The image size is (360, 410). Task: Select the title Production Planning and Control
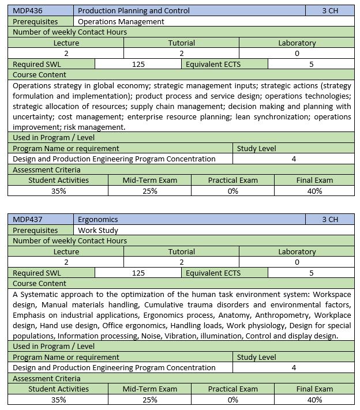click(x=133, y=10)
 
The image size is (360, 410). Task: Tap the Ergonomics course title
click(x=97, y=219)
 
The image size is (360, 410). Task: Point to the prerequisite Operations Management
click(x=121, y=21)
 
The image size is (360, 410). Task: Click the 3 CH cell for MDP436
click(x=330, y=10)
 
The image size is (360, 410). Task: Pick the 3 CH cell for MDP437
click(x=330, y=219)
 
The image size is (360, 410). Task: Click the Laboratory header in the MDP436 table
click(x=297, y=43)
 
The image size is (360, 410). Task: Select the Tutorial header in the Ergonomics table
click(x=181, y=251)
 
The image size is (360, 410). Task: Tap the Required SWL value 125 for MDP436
click(x=138, y=64)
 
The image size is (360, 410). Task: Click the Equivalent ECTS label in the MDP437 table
click(x=213, y=273)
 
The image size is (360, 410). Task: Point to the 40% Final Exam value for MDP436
click(x=314, y=191)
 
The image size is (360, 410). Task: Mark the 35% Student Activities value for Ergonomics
click(x=58, y=400)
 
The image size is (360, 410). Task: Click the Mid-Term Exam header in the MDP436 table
click(x=149, y=180)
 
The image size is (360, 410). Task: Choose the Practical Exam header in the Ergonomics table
click(x=232, y=389)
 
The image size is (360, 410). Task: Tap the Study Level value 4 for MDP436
click(x=294, y=159)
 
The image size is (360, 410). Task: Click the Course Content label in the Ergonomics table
click(x=39, y=283)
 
